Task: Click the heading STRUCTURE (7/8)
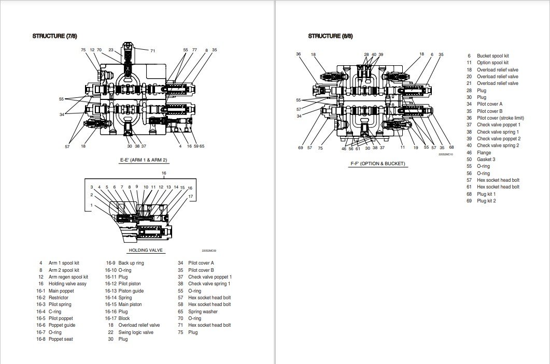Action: point(55,36)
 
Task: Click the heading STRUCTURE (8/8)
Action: point(330,36)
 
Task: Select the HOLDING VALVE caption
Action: point(146,250)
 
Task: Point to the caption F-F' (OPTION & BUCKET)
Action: point(377,164)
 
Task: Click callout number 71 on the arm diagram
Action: point(152,51)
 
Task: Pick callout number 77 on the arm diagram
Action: point(194,50)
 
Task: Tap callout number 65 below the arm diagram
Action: point(202,147)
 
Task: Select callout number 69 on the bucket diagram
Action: point(300,148)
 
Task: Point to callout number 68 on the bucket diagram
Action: point(451,148)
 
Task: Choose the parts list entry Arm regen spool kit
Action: point(68,277)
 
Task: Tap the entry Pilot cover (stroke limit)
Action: point(500,118)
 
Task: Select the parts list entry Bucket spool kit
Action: point(492,56)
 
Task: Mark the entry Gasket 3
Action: point(486,159)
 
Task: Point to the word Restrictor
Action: point(58,298)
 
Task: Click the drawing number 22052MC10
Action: point(445,154)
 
